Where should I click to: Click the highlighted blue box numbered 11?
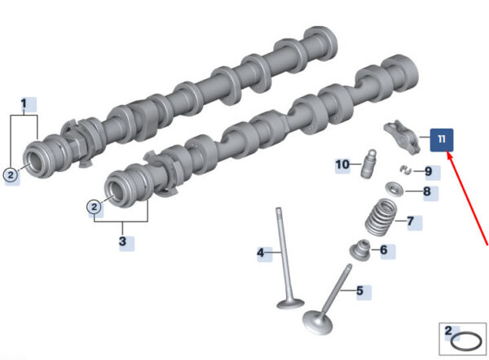click(442, 140)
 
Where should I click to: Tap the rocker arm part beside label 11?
click(402, 137)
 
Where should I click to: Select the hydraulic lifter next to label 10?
click(368, 164)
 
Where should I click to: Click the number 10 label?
click(342, 165)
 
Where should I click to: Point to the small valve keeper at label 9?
click(405, 170)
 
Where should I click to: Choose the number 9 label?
click(429, 171)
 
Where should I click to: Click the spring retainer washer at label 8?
click(394, 189)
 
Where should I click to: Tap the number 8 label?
click(427, 191)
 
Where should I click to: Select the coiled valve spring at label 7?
click(381, 217)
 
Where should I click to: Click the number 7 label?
click(411, 221)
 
